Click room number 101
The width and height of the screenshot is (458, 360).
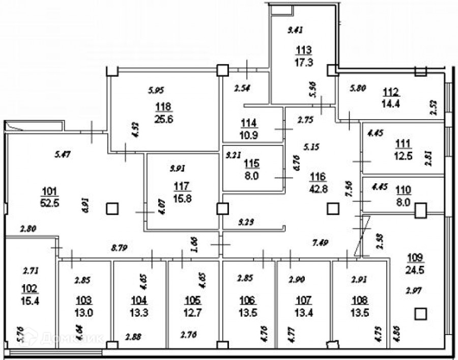[48, 191]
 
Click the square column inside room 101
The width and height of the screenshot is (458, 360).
[112, 208]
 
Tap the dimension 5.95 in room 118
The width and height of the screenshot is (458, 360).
[156, 91]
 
